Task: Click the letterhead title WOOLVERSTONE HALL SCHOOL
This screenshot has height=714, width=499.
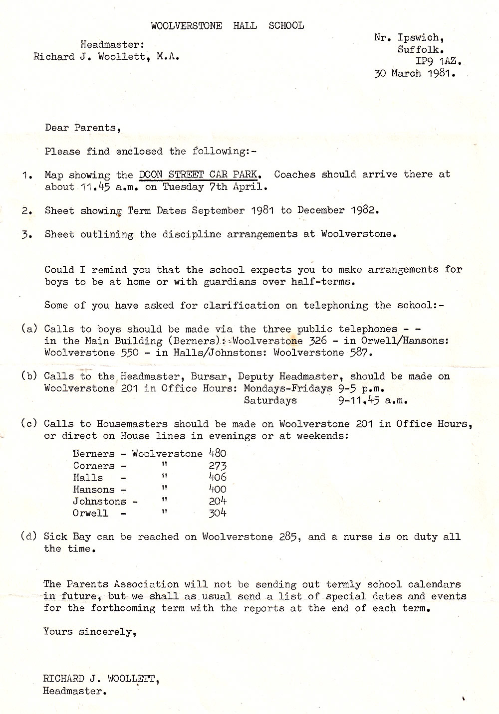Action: [227, 26]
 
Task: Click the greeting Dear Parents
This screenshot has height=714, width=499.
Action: [82, 128]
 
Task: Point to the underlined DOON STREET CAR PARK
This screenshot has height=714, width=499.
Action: [198, 175]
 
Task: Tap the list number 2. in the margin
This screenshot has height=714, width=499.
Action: [27, 211]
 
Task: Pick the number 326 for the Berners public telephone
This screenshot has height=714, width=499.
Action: [317, 341]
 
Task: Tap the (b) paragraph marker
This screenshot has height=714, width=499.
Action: [29, 376]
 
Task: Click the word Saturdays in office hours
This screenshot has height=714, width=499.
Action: [270, 400]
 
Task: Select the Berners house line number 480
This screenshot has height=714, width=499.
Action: [217, 454]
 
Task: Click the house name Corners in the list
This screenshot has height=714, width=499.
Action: [93, 466]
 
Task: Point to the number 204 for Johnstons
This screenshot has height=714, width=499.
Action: [217, 501]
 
